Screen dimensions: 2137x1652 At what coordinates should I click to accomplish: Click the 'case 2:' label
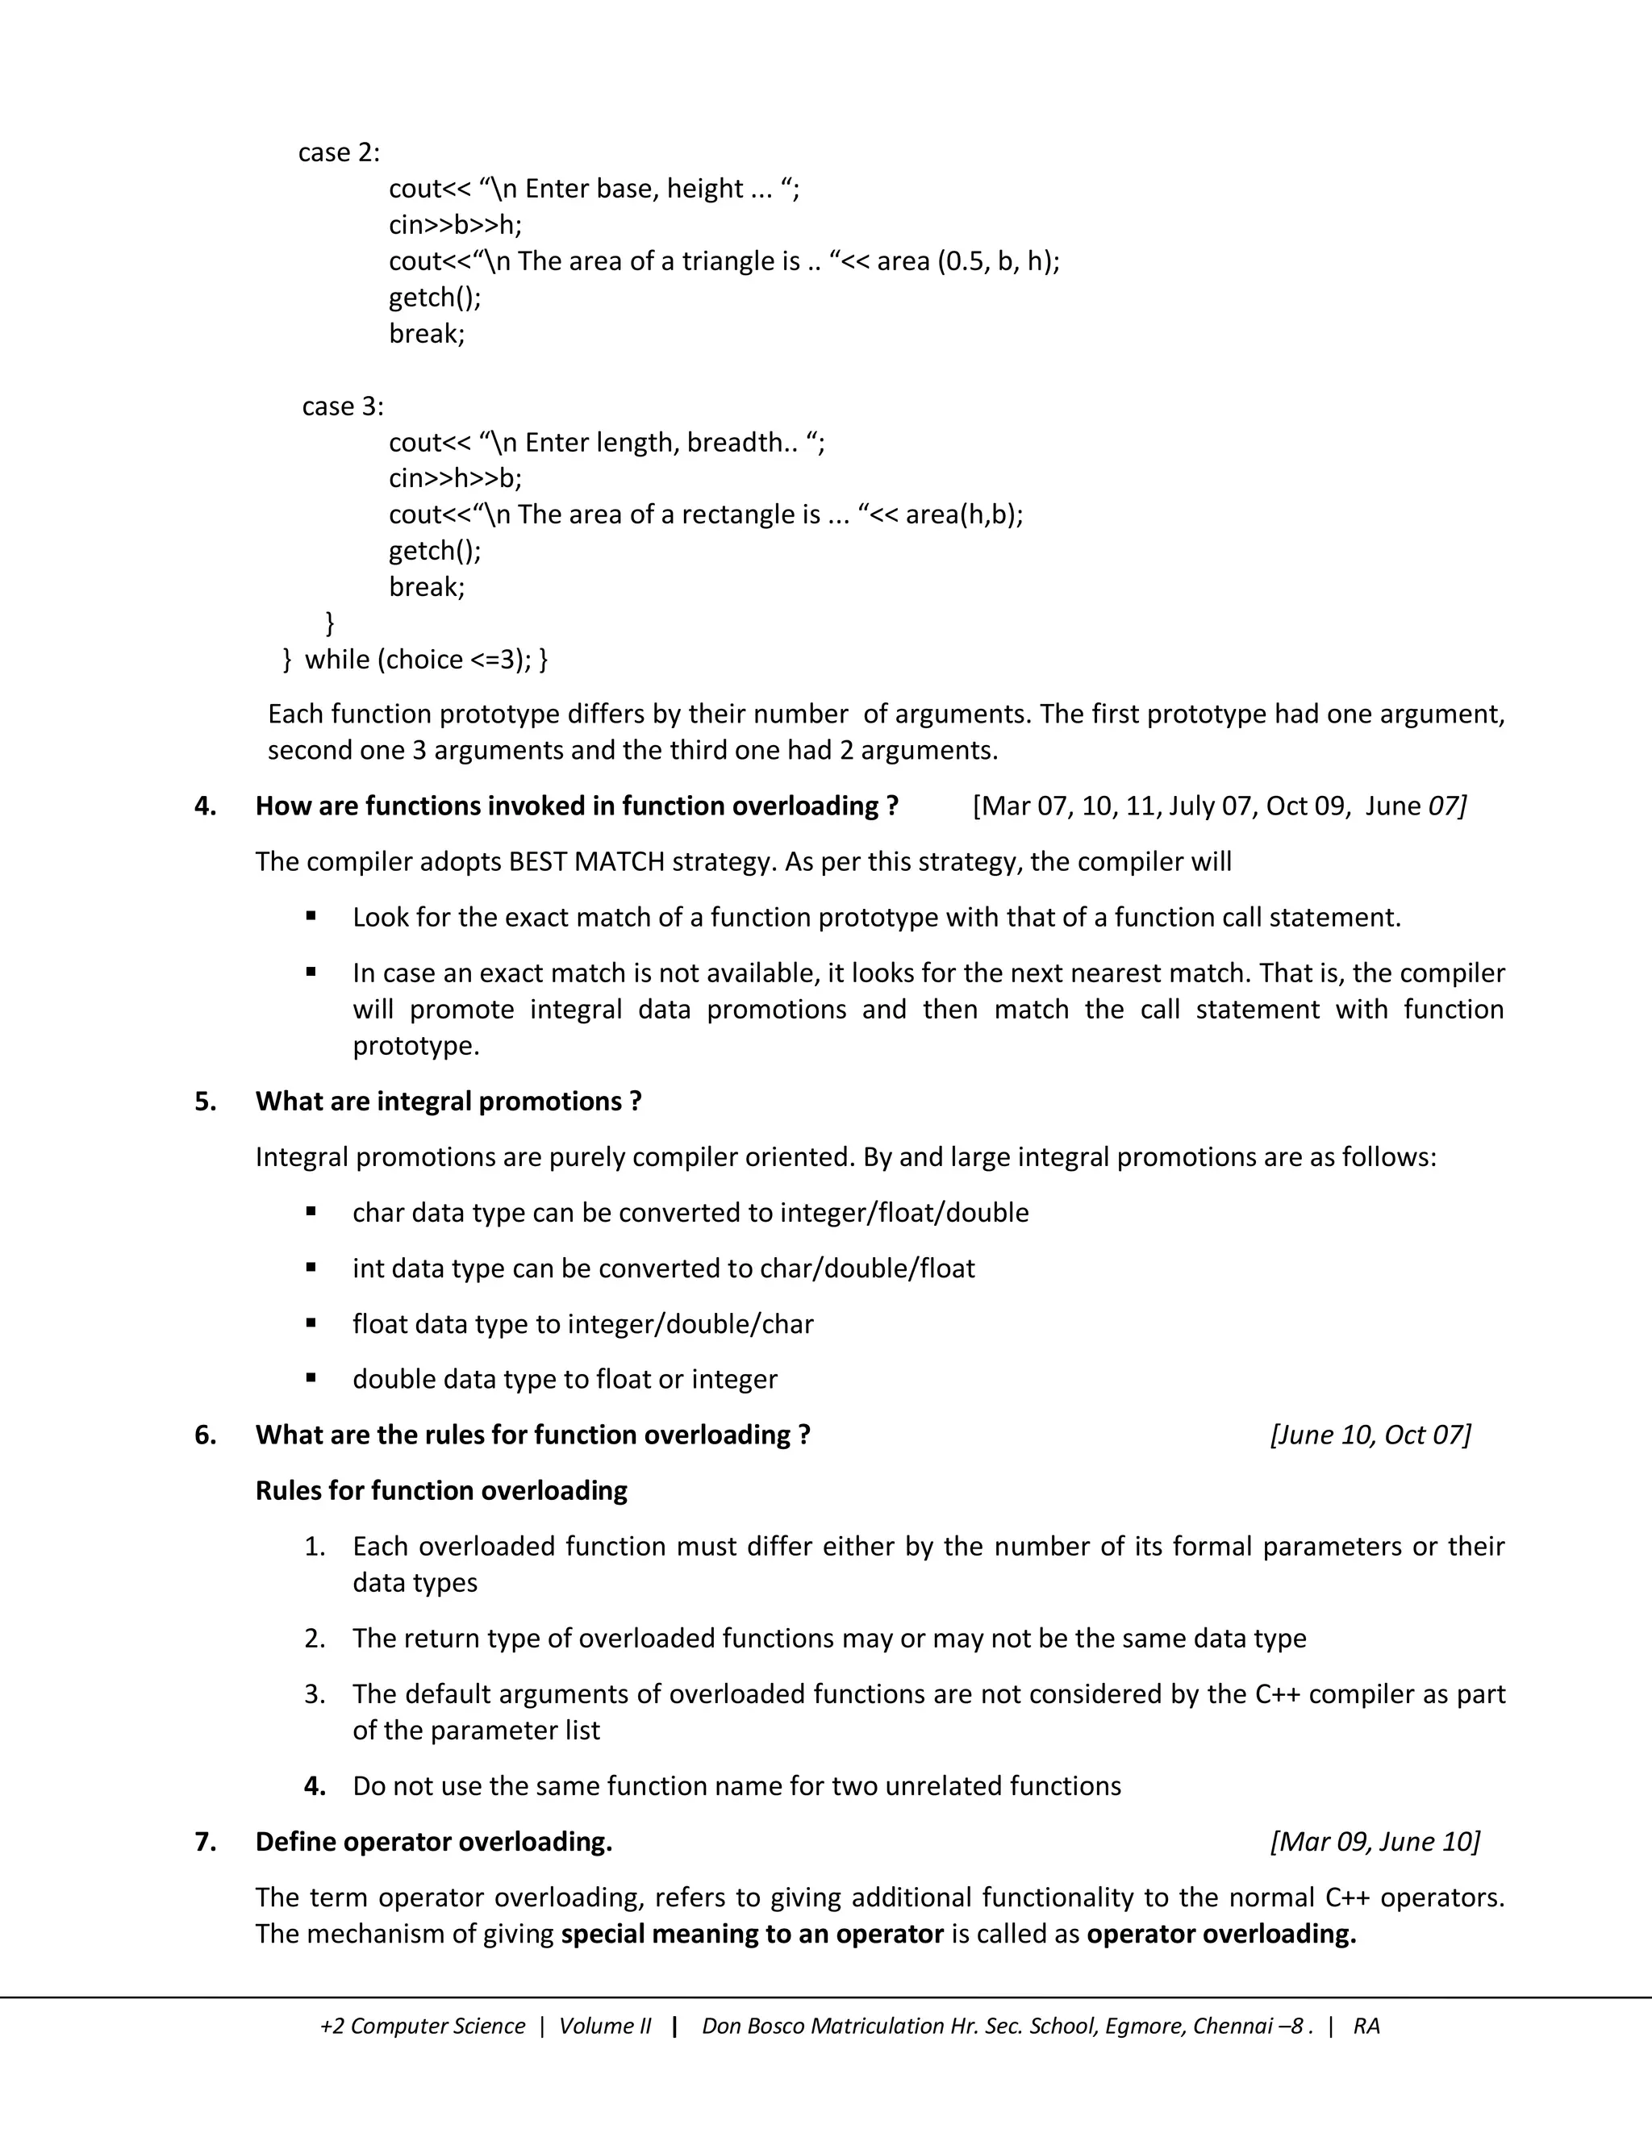339,152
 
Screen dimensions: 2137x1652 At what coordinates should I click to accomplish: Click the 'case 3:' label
343,406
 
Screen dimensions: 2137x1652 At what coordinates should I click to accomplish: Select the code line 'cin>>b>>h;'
455,225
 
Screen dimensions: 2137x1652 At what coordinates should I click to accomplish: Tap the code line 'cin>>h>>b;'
455,478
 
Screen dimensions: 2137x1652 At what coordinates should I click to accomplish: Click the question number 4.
205,806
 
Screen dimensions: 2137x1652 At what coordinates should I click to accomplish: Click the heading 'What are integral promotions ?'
448,1102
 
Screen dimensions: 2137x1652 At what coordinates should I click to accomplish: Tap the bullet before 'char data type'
311,1211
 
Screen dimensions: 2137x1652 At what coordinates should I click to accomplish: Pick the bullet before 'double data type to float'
311,1377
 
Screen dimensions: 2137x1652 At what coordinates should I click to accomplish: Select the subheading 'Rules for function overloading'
441,1491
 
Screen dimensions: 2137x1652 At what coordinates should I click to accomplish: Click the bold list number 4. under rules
314,1787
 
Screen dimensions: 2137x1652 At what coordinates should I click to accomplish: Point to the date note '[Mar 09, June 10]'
1374,1843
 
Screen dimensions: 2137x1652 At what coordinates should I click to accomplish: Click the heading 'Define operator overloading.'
433,1843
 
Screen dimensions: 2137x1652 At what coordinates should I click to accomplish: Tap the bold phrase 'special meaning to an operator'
752,1935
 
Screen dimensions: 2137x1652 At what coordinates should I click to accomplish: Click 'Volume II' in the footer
605,2027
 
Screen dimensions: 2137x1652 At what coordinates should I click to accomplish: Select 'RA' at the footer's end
1366,2027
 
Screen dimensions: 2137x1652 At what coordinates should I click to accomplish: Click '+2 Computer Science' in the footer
422,2027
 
